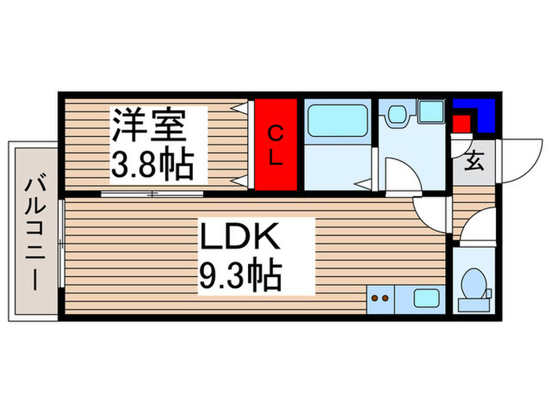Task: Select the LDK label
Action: click(x=237, y=238)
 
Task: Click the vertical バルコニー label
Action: click(x=33, y=233)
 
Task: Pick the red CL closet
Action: click(x=275, y=144)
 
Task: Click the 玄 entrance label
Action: click(x=474, y=164)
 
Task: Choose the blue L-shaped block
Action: click(x=482, y=114)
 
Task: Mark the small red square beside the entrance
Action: click(x=461, y=124)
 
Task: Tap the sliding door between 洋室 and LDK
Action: click(x=152, y=194)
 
